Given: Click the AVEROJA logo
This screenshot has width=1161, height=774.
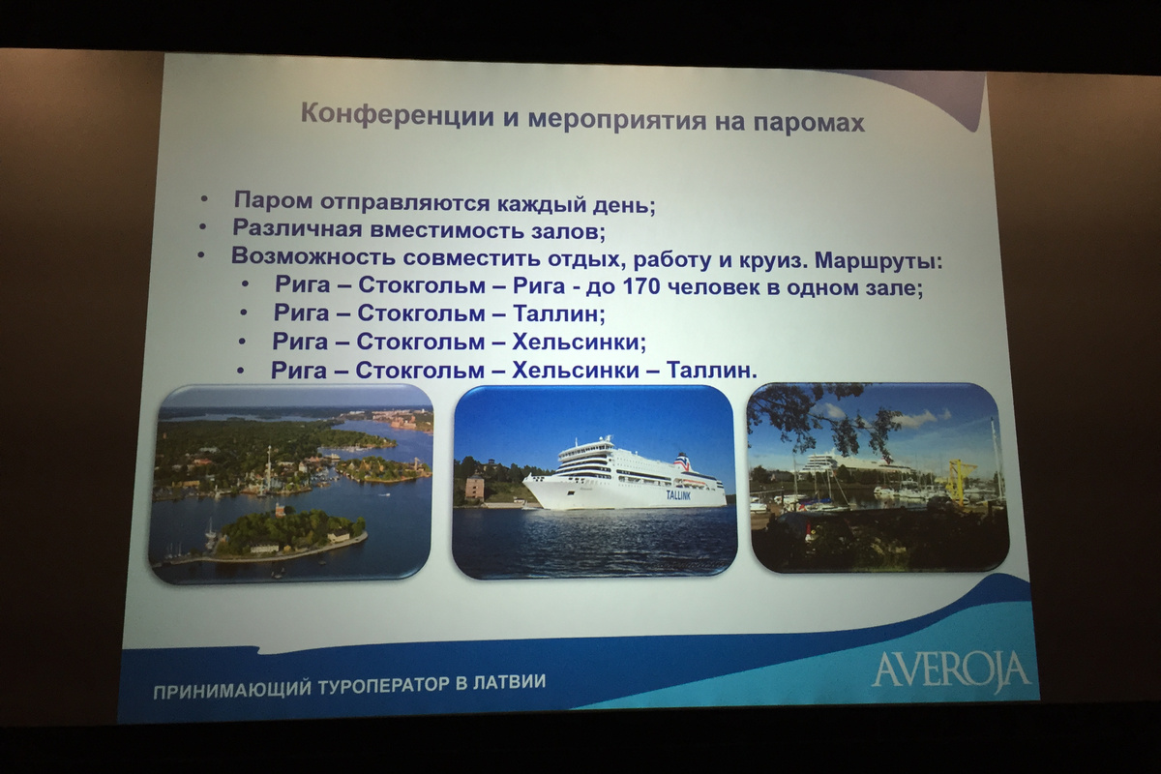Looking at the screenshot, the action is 952,670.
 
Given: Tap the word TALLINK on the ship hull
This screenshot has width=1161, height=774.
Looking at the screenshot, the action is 678,495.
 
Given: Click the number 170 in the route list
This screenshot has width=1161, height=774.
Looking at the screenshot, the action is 641,286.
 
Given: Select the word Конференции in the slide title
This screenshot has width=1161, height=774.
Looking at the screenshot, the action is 397,114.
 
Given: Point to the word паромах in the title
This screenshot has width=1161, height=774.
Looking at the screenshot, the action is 809,123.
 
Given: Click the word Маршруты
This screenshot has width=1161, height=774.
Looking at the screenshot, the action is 878,261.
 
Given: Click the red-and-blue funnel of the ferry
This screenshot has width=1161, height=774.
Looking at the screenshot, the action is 682,461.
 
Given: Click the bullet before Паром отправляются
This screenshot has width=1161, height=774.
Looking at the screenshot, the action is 204,199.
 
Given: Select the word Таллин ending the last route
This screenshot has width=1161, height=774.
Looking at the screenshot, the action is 711,371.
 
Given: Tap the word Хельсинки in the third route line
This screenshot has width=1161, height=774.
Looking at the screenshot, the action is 579,342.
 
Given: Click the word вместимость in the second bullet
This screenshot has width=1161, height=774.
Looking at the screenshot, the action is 446,229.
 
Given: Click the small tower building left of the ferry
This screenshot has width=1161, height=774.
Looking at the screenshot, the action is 474,488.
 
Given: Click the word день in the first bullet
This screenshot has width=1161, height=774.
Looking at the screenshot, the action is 624,205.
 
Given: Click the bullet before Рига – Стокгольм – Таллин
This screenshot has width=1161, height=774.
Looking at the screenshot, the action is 244,313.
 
